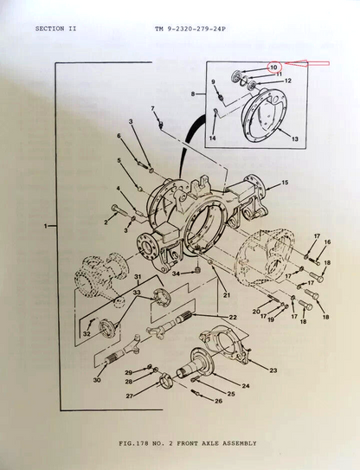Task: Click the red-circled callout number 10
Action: [x=274, y=68]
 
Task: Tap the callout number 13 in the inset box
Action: [x=295, y=138]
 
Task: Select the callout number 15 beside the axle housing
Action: [x=285, y=183]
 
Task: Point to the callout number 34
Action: [x=176, y=274]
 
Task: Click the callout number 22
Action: [x=233, y=317]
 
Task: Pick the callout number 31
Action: [x=138, y=276]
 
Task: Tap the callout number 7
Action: [x=153, y=108]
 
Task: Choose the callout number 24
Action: [x=246, y=386]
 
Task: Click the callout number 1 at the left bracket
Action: [x=46, y=226]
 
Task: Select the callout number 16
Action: [x=327, y=241]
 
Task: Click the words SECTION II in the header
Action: [x=55, y=29]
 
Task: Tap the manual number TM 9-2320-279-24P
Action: [x=190, y=29]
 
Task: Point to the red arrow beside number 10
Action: [x=306, y=63]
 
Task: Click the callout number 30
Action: [x=97, y=380]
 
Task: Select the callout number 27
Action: [x=129, y=396]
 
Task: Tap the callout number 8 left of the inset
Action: [x=193, y=94]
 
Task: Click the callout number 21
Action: [x=227, y=295]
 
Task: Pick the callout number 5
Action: [x=119, y=161]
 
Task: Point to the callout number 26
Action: [x=219, y=401]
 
